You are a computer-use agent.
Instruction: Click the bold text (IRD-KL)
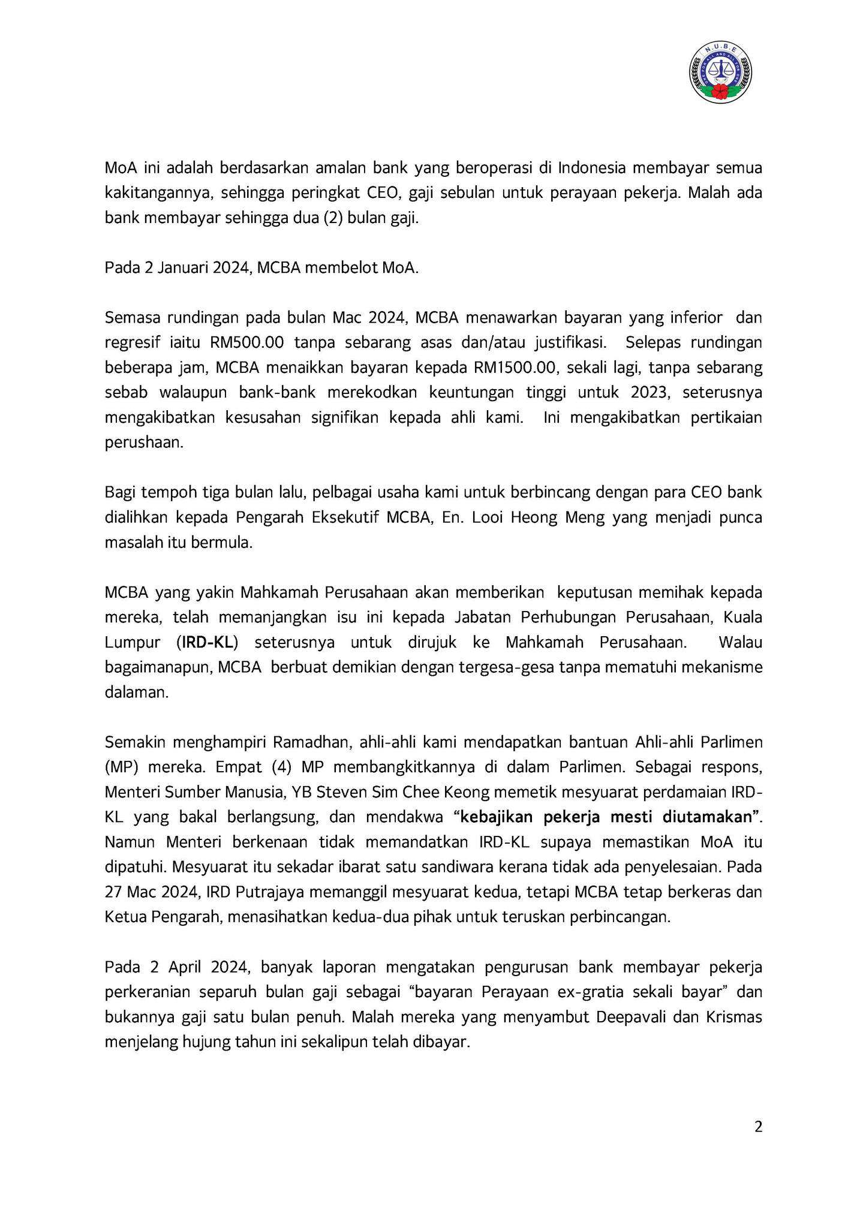pos(208,642)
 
